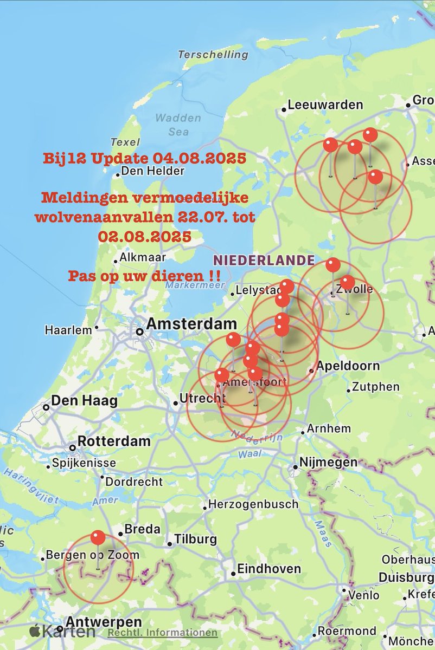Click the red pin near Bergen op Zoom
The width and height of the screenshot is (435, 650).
(x=98, y=538)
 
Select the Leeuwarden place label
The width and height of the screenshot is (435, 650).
(x=325, y=105)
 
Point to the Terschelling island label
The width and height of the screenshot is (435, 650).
(x=213, y=55)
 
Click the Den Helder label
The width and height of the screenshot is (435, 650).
(x=153, y=171)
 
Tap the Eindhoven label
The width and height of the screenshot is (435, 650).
(x=269, y=569)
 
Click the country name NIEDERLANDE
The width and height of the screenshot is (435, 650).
(x=264, y=259)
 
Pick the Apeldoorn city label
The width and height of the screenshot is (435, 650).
(x=348, y=366)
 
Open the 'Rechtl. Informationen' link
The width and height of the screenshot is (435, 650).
(x=162, y=633)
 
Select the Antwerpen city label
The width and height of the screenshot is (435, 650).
(x=103, y=622)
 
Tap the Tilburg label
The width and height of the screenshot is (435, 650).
(x=195, y=540)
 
